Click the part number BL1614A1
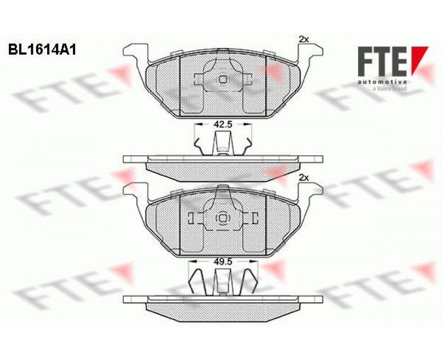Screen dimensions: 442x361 click(x=42, y=51)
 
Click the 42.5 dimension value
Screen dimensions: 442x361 click(x=223, y=124)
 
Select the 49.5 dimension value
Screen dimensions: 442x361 click(x=223, y=262)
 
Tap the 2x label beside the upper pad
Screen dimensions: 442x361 click(x=304, y=40)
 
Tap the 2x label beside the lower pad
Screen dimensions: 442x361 click(x=304, y=178)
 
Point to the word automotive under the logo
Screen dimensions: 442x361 click(x=383, y=82)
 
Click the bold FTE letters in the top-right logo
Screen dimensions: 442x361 click(x=382, y=61)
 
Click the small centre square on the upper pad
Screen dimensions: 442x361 click(x=223, y=79)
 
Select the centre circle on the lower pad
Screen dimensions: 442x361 click(x=223, y=218)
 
